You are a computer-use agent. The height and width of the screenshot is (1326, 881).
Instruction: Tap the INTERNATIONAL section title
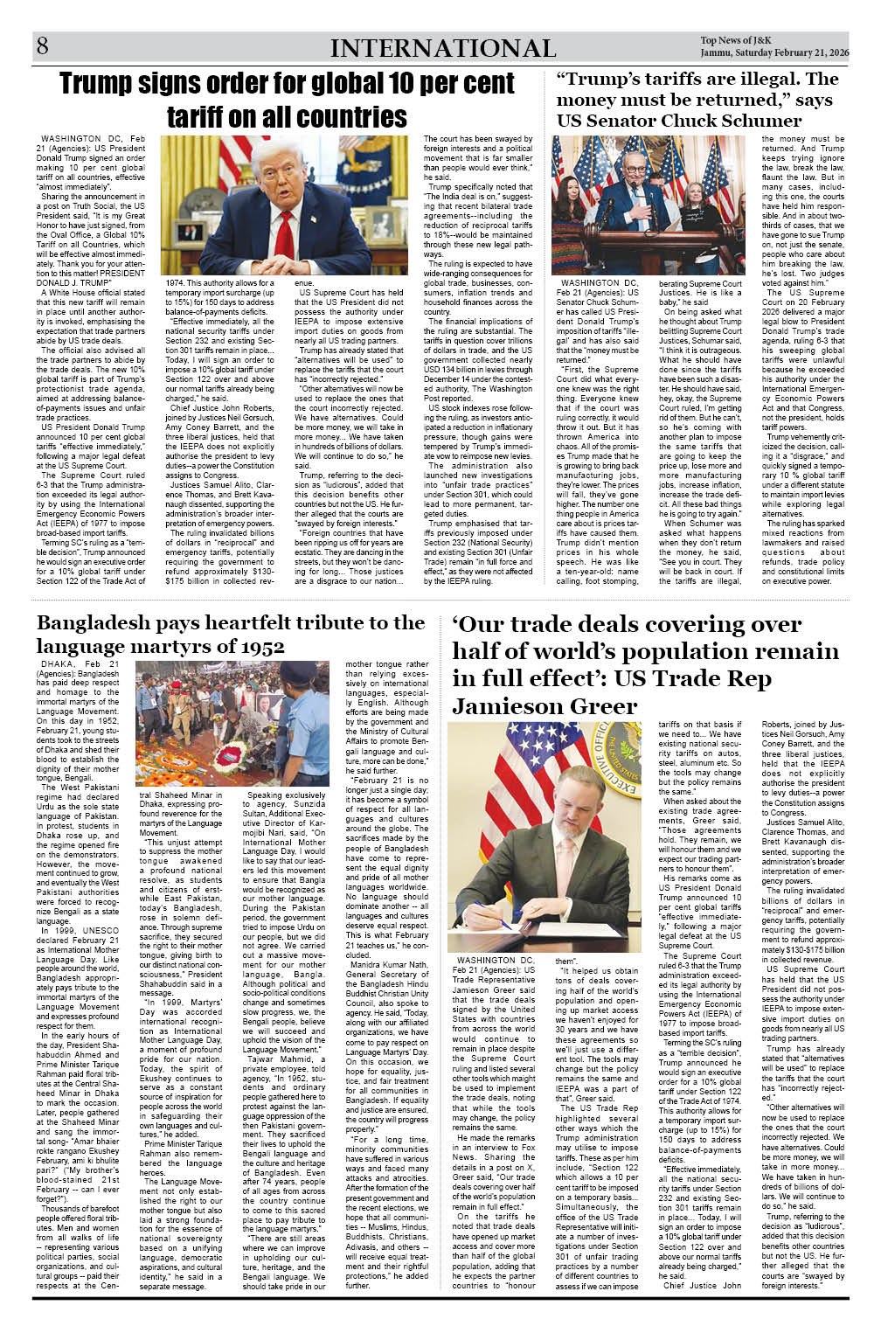click(x=442, y=49)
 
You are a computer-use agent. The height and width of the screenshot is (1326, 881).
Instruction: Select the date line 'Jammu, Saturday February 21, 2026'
click(x=774, y=53)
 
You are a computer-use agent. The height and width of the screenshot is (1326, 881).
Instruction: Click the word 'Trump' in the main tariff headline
click(x=107, y=84)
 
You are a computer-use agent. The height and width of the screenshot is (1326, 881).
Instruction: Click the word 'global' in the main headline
click(x=334, y=84)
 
